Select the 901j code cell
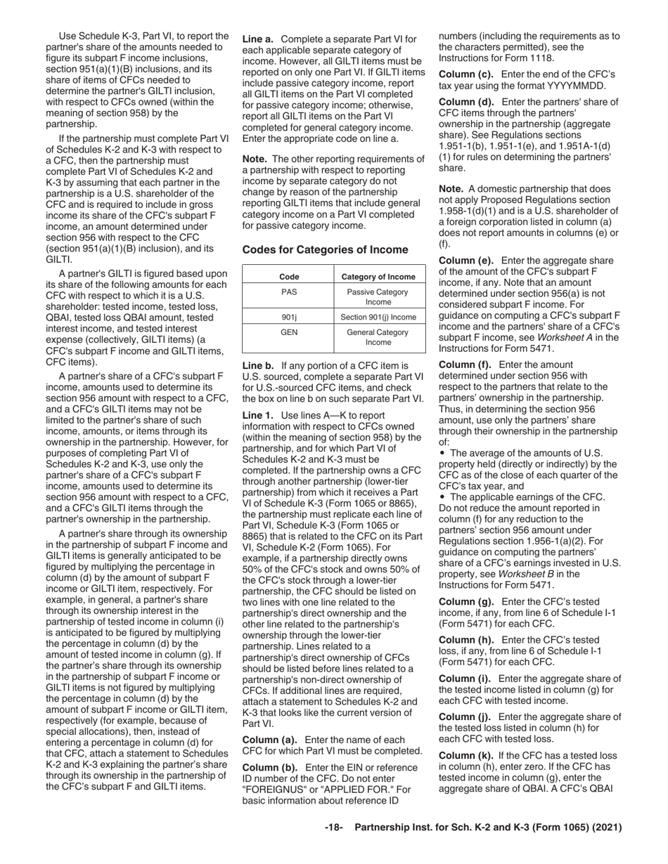(288, 317)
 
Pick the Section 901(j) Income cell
(378, 317)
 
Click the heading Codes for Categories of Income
(325, 249)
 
